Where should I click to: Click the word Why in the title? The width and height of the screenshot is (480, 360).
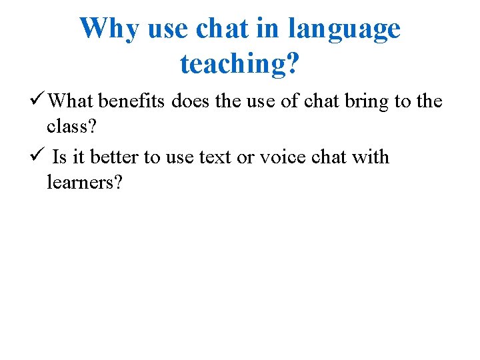click(x=109, y=28)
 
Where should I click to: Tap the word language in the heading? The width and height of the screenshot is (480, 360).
click(x=344, y=28)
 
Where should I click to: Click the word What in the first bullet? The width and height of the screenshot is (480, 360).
click(x=71, y=101)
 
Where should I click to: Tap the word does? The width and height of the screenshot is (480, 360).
click(x=190, y=101)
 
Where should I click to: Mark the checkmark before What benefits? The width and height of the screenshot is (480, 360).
click(x=39, y=101)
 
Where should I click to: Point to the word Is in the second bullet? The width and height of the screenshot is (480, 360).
click(x=59, y=157)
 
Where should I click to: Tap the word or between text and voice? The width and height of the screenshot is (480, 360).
click(x=245, y=157)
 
